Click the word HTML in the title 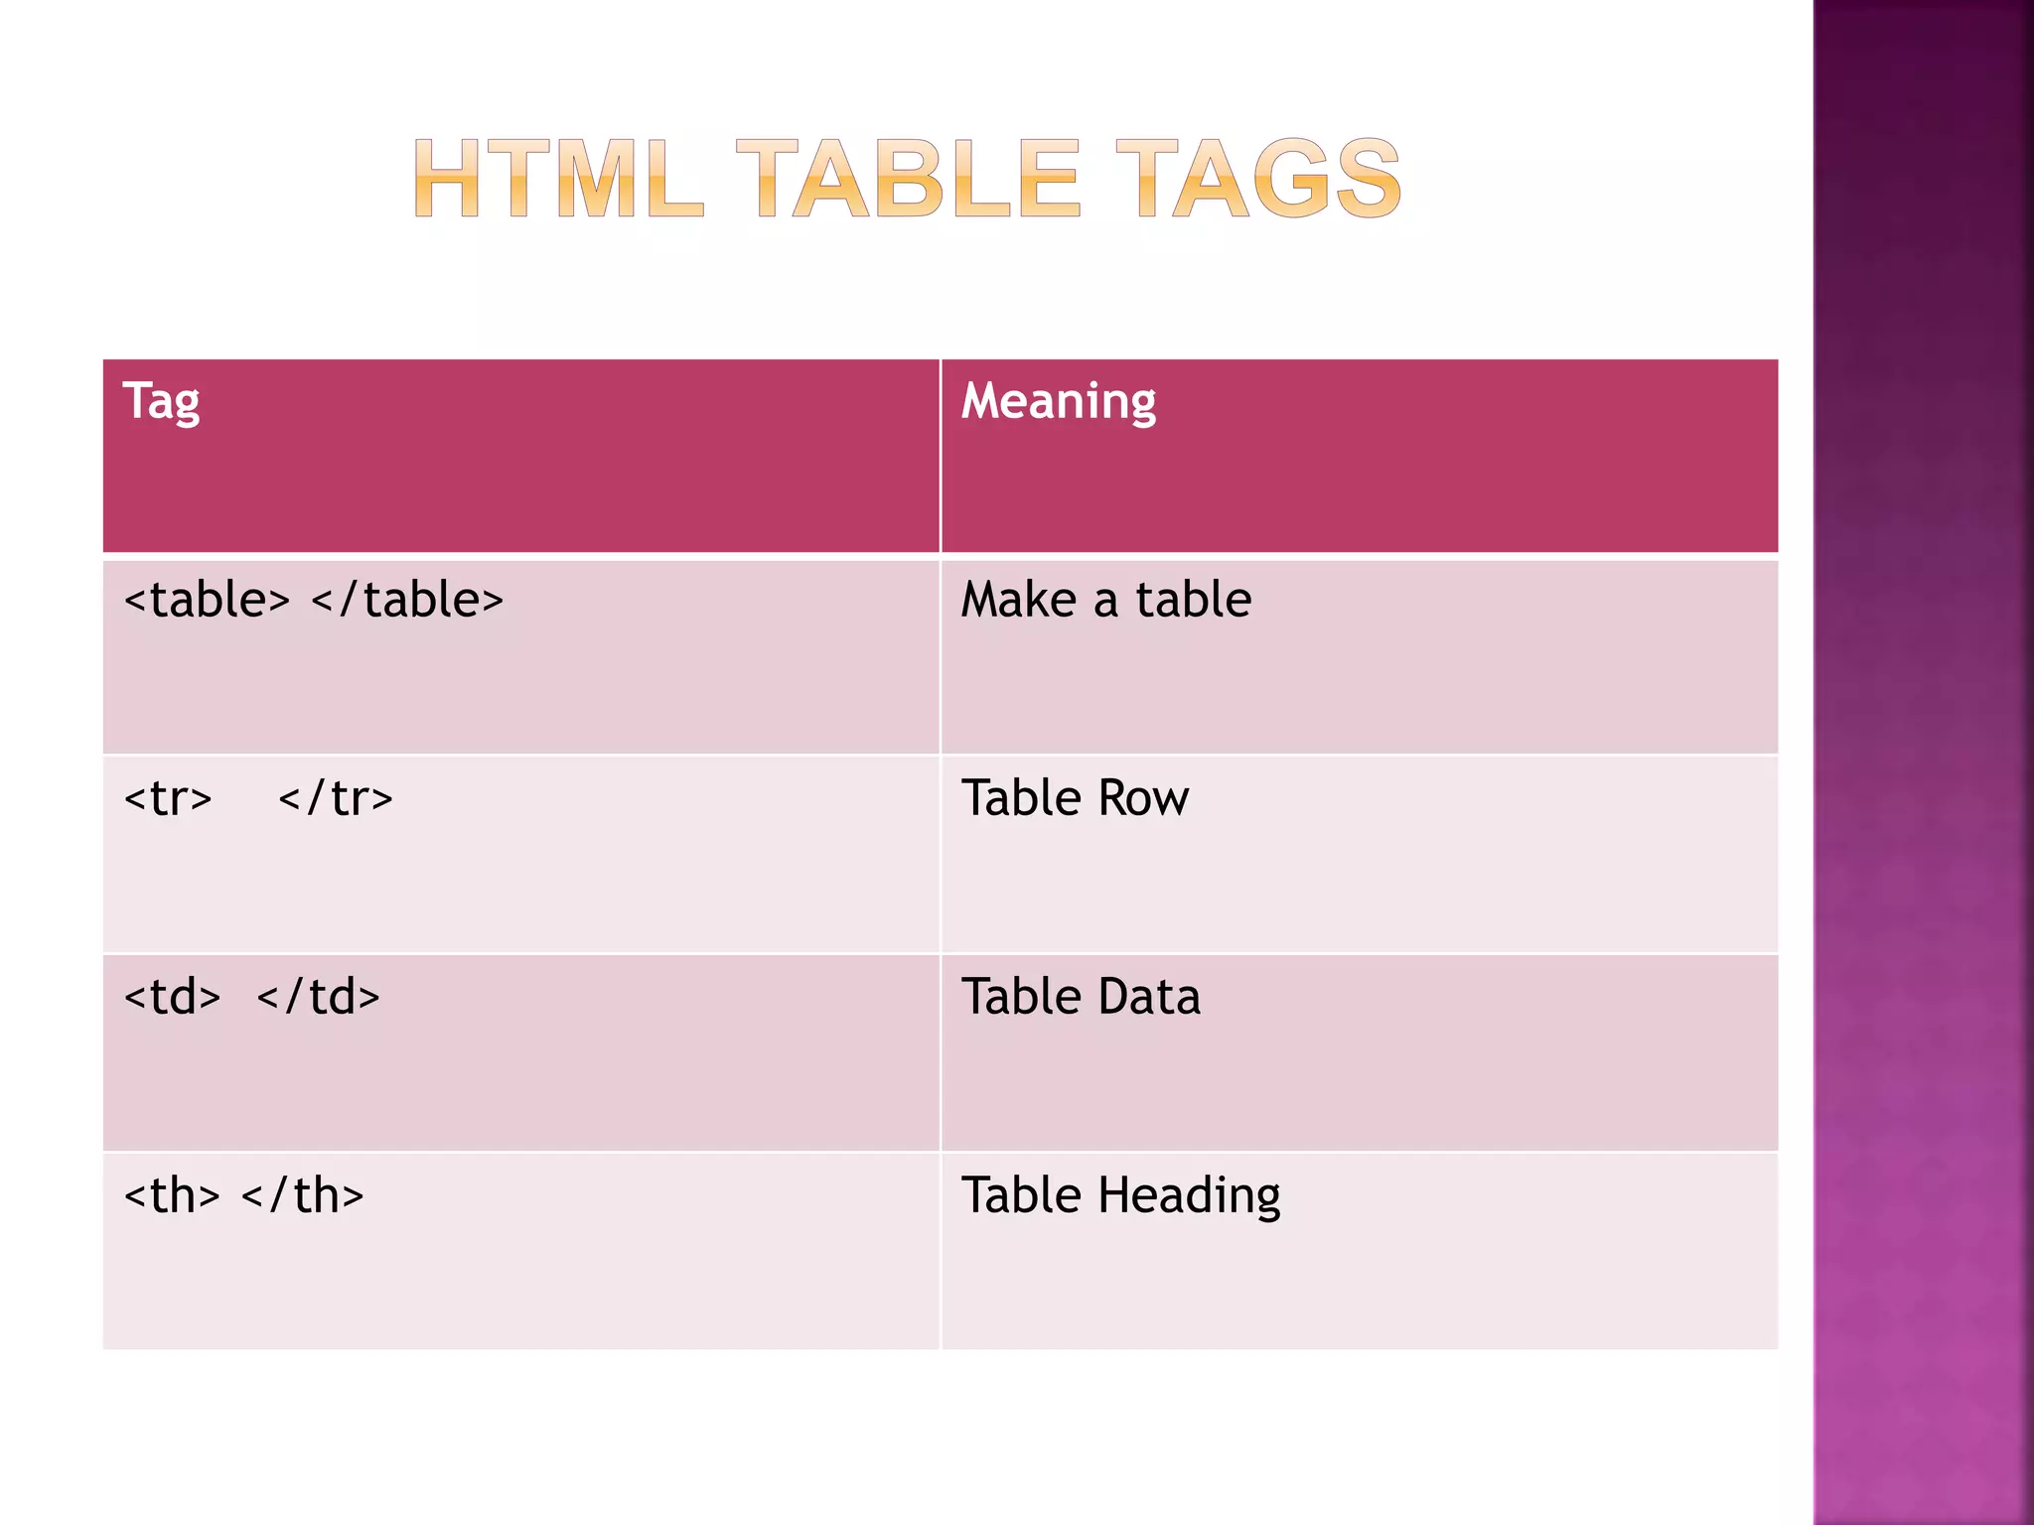tap(559, 179)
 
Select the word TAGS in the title tap(1258, 179)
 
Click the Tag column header tap(161, 402)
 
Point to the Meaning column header tap(1059, 402)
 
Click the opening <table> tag tap(207, 600)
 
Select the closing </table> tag tap(407, 600)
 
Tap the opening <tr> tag tap(168, 798)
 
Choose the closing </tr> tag tap(336, 798)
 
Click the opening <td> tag tap(172, 997)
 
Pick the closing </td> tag tap(318, 997)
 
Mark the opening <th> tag tap(172, 1195)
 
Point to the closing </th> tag tap(302, 1195)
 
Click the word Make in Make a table tap(1019, 600)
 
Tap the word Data tap(1148, 997)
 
